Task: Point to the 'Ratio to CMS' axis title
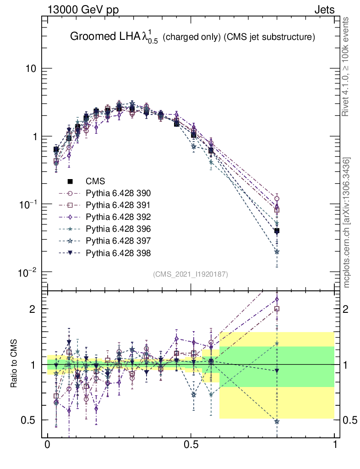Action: click(x=14, y=365)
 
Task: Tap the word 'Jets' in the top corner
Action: click(x=324, y=9)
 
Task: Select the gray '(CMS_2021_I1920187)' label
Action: click(x=191, y=274)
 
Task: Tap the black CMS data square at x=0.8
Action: click(x=277, y=231)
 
